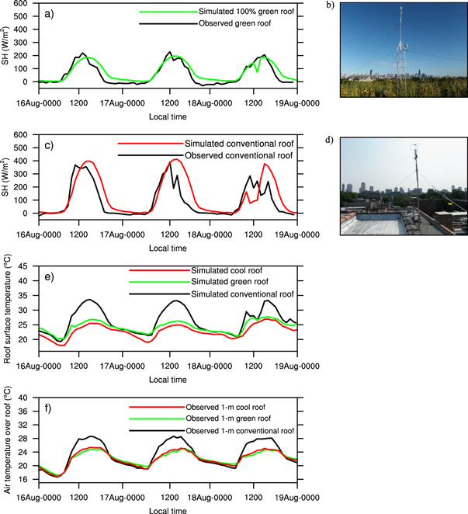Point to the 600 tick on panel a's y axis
[19, 4]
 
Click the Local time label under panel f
[168, 508]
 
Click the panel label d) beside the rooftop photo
[349, 141]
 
